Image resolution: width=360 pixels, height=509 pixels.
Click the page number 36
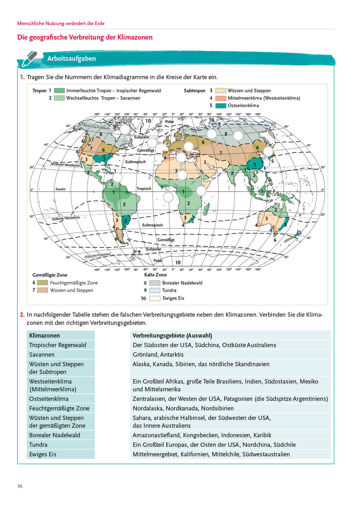(20, 486)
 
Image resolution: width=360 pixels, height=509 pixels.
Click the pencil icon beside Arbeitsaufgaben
(29, 59)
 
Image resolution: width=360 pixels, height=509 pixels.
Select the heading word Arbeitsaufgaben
(71, 59)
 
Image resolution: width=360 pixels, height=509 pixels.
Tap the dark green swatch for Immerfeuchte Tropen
(59, 91)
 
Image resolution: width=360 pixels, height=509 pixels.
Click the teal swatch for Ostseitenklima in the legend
(221, 106)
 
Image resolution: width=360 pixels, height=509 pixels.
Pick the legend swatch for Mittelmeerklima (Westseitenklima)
(221, 98)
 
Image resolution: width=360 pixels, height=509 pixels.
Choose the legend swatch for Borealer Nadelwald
(155, 283)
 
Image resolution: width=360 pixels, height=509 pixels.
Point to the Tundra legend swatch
(155, 291)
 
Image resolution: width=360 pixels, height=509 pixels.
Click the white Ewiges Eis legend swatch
(155, 298)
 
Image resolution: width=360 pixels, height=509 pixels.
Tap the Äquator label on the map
(60, 189)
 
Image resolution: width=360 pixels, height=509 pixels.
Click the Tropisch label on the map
(144, 189)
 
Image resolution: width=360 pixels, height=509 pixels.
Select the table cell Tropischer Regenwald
(58, 345)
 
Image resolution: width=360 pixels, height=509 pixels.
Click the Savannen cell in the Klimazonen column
(42, 355)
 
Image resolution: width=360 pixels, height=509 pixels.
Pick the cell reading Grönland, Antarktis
(158, 355)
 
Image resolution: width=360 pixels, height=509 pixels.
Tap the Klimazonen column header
(45, 335)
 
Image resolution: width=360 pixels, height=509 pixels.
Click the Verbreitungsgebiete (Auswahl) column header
(172, 335)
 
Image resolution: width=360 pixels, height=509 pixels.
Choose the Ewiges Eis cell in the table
(43, 454)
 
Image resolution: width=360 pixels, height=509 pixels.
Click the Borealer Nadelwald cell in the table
(55, 435)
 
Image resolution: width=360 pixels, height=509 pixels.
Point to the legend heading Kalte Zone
(155, 275)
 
